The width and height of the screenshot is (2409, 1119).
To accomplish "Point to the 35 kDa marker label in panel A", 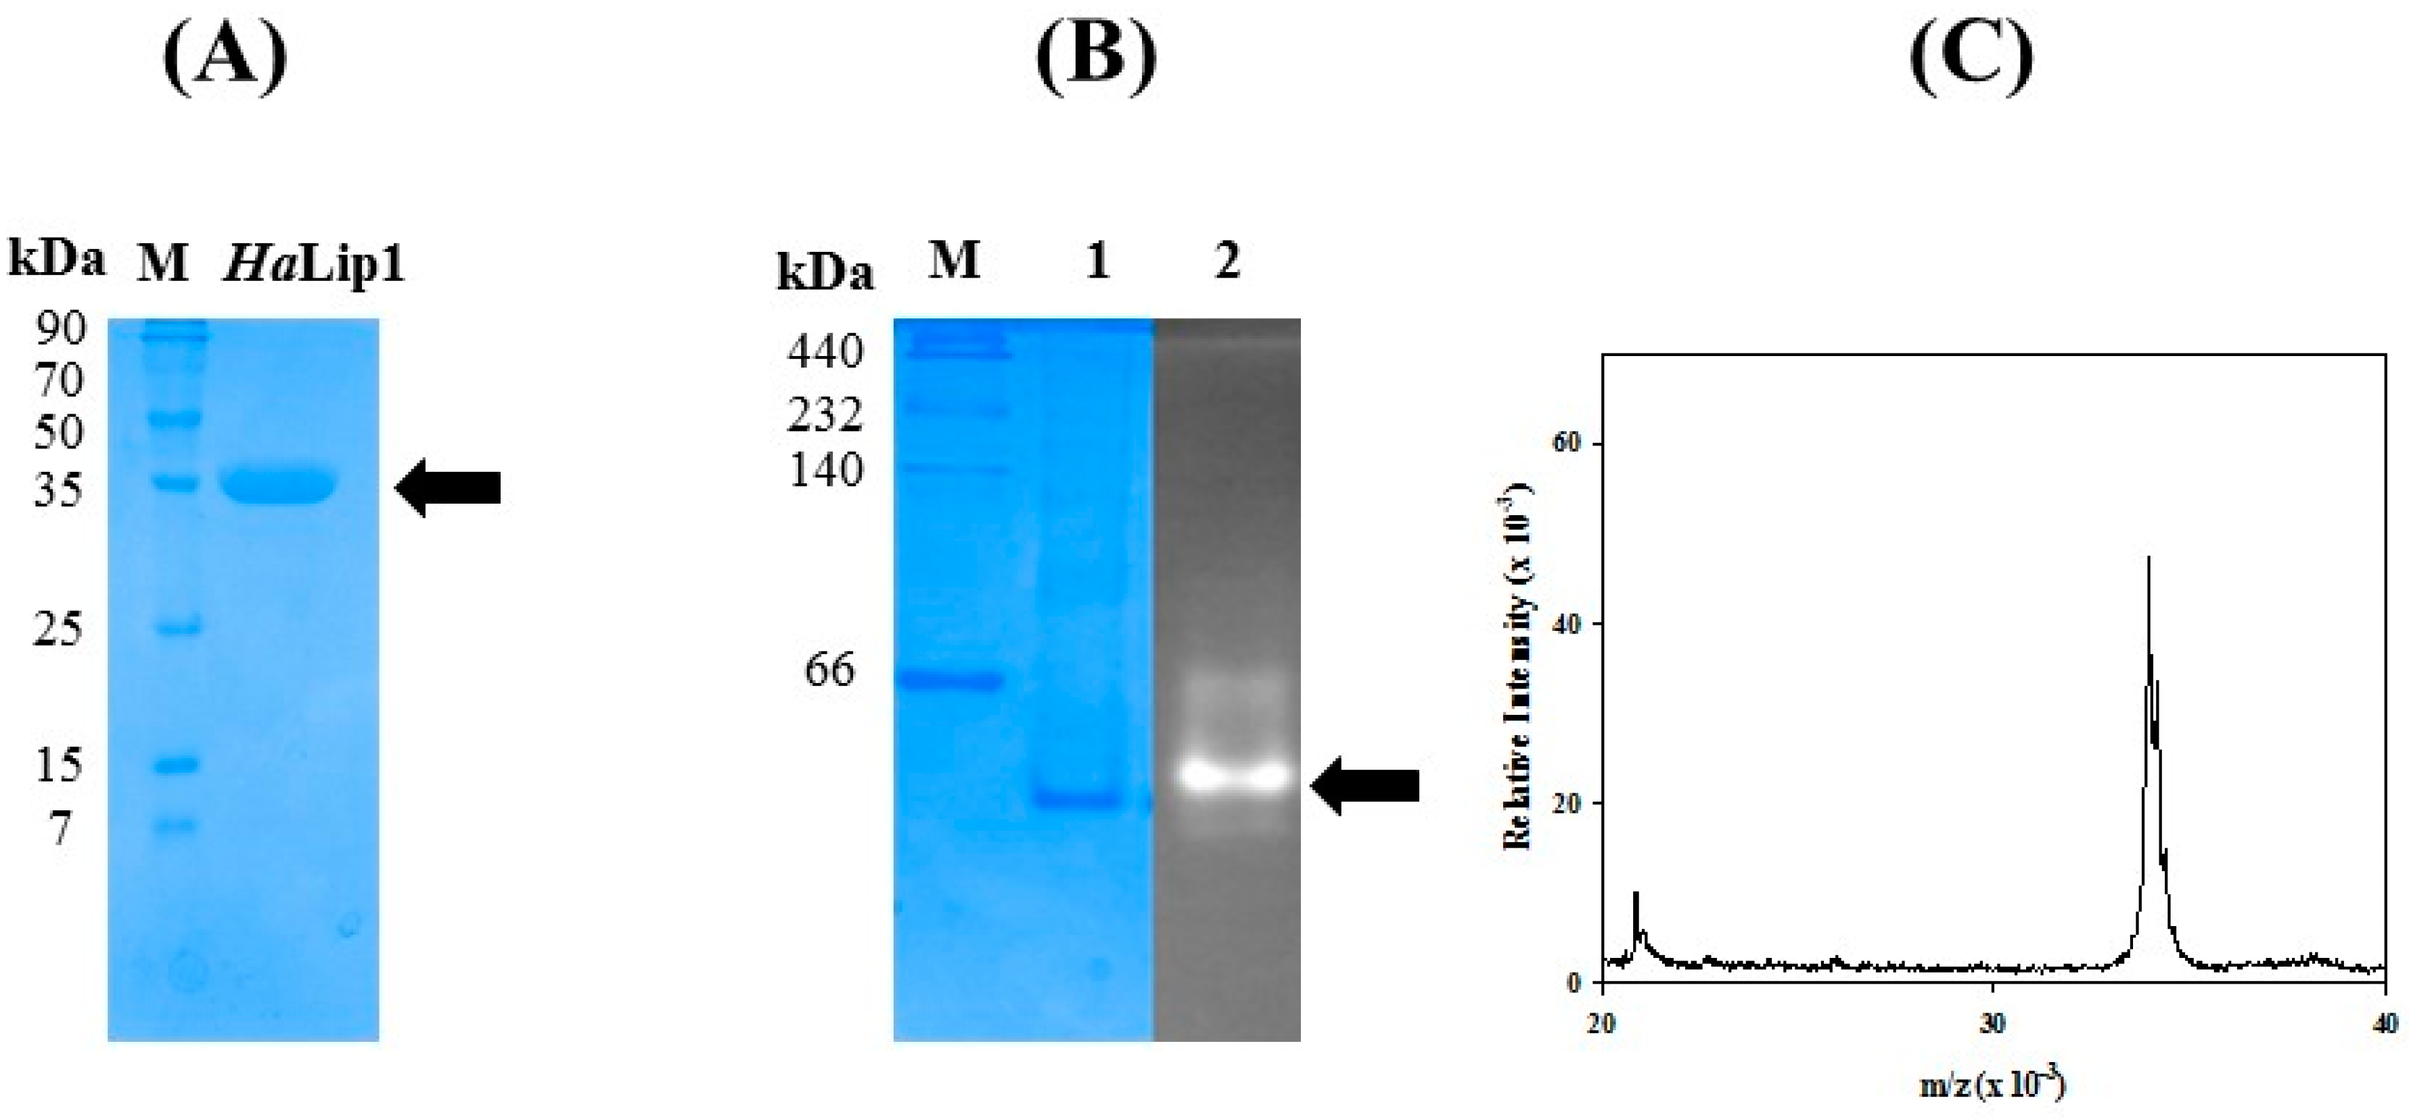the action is coord(60,489).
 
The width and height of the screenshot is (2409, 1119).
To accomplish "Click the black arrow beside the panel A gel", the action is coord(448,487).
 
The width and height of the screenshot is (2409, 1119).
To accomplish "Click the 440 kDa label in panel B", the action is coord(825,353).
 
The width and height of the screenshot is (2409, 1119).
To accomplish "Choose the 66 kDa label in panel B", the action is coord(829,670).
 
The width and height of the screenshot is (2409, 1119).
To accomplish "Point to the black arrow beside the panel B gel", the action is coord(1365,786).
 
